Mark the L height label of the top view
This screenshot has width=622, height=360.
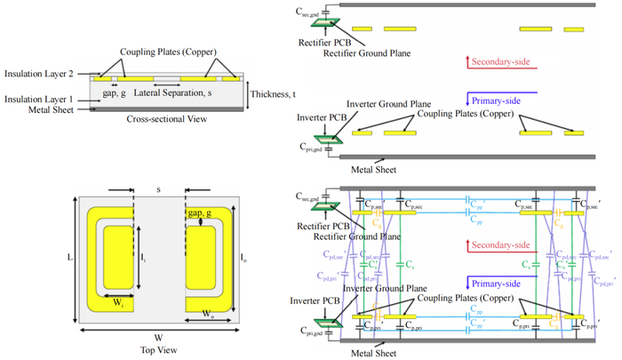pos(70,257)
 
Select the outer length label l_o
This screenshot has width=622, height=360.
pos(244,258)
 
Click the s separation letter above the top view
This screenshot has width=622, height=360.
pos(158,188)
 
